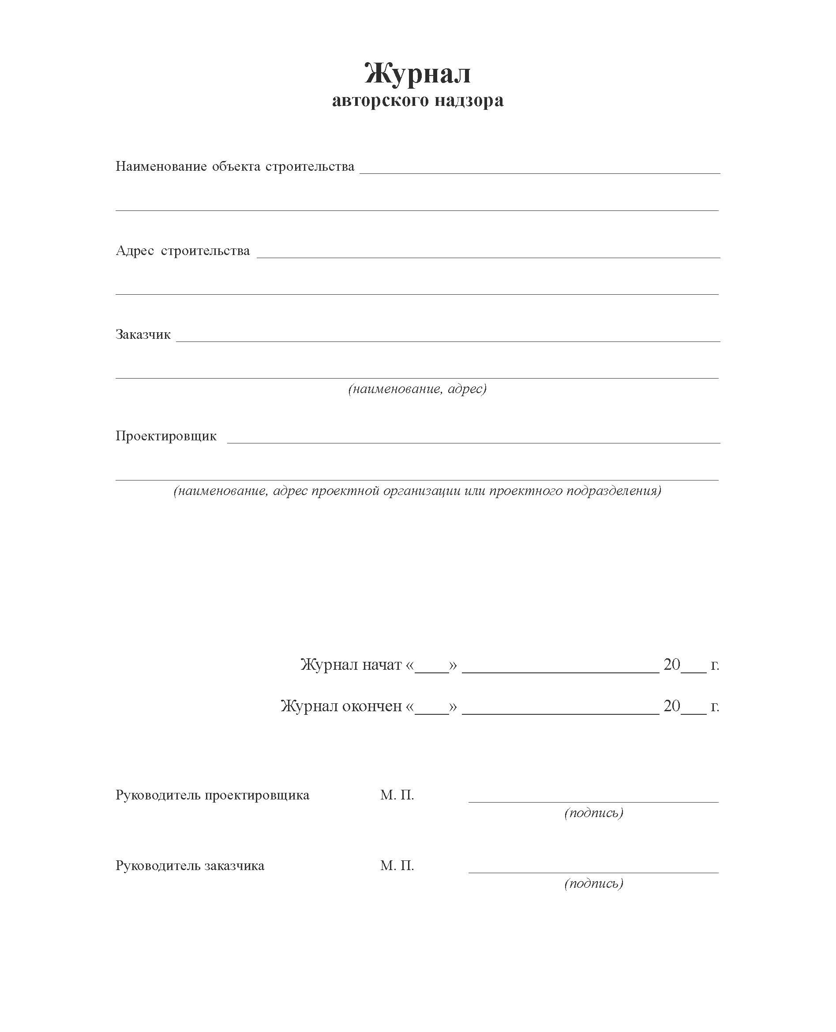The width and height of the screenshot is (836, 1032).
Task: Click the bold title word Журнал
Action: pyautogui.click(x=417, y=74)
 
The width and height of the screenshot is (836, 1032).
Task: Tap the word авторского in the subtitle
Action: pyautogui.click(x=380, y=100)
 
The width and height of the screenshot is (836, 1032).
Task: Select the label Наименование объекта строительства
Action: pyautogui.click(x=235, y=167)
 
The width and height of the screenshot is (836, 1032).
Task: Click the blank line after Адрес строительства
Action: pyautogui.click(x=488, y=255)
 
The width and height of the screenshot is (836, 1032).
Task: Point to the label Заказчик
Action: pyautogui.click(x=143, y=335)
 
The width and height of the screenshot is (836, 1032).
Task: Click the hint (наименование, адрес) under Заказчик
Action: pyautogui.click(x=417, y=389)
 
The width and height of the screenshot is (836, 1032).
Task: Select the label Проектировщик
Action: pyautogui.click(x=166, y=436)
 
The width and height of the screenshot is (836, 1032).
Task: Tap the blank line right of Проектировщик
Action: pyautogui.click(x=473, y=440)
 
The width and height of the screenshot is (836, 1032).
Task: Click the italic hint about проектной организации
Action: pyautogui.click(x=417, y=491)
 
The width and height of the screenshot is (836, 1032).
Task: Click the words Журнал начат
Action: pyautogui.click(x=351, y=665)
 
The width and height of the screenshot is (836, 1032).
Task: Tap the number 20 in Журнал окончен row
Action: pyautogui.click(x=672, y=706)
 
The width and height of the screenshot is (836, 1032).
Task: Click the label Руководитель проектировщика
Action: pyautogui.click(x=212, y=795)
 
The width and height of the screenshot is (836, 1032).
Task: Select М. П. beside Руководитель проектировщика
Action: pyautogui.click(x=397, y=795)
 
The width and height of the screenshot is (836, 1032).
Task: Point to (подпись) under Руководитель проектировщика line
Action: pyautogui.click(x=594, y=813)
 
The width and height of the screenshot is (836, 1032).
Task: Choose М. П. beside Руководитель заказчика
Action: pyautogui.click(x=397, y=866)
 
